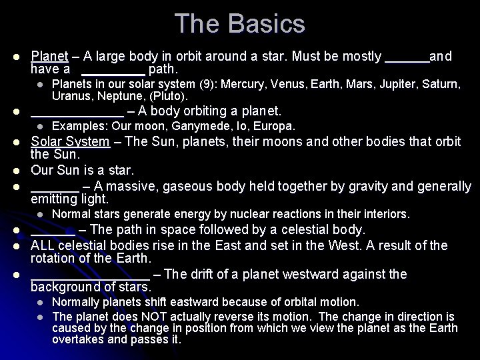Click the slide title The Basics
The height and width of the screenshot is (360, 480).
(240, 24)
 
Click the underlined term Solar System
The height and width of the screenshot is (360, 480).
(71, 141)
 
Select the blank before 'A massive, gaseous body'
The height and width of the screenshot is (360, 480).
(55, 185)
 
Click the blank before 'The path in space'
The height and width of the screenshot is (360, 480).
(53, 230)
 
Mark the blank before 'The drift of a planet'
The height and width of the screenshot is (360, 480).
(91, 275)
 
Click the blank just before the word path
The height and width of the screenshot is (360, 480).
(113, 69)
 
